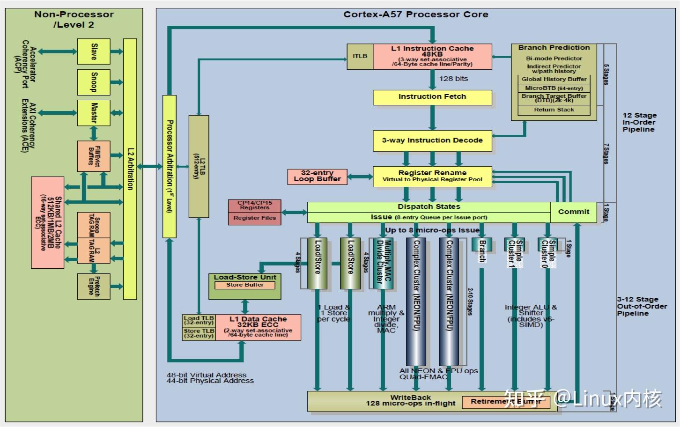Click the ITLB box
pyautogui.click(x=360, y=56)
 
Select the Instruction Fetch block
pyautogui.click(x=432, y=97)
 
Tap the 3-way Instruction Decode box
pyautogui.click(x=432, y=140)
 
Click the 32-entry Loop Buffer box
pyautogui.click(x=317, y=176)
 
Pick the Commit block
pyautogui.click(x=573, y=212)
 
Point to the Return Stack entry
pyautogui.click(x=554, y=110)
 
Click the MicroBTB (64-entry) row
pyautogui.click(x=554, y=88)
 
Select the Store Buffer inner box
pyautogui.click(x=244, y=285)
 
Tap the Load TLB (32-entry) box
pyautogui.click(x=199, y=320)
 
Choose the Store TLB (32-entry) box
pyautogui.click(x=199, y=333)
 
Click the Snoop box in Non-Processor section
pyautogui.click(x=94, y=82)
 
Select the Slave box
pyautogui.click(x=94, y=51)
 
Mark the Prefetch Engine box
pyautogui.click(x=94, y=286)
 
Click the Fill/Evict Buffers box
pyautogui.click(x=94, y=156)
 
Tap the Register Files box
pyautogui.click(x=255, y=218)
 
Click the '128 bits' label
pyautogui.click(x=453, y=79)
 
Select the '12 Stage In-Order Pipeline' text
pyautogui.click(x=639, y=122)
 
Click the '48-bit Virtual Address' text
pyautogui.click(x=206, y=375)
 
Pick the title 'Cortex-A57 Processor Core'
pyautogui.click(x=415, y=15)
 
